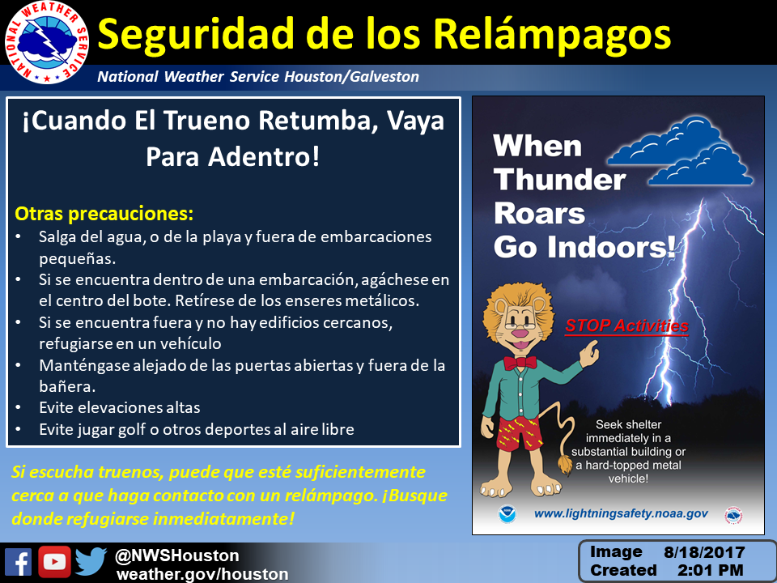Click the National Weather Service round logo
47,42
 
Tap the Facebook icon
18,562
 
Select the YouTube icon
54,562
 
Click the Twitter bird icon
91,562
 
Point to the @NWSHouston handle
177,555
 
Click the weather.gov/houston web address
202,574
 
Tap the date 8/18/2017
704,552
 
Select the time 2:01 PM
710,570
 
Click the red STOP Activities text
626,326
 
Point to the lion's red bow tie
520,362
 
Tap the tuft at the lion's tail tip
566,465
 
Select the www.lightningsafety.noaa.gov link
621,513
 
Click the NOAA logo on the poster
507,514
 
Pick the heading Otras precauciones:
104,214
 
